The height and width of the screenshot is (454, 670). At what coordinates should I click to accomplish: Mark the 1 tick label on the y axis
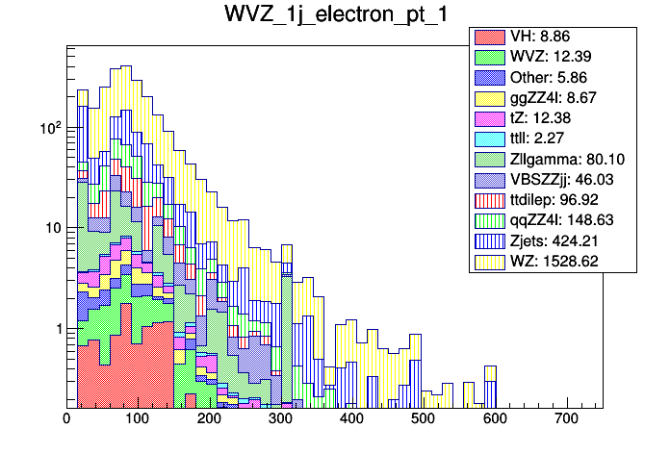pyautogui.click(x=54, y=329)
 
